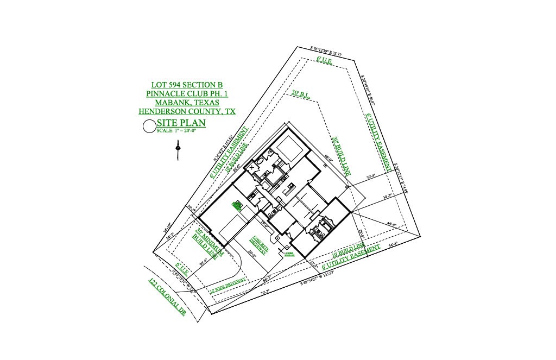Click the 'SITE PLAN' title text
[181, 123]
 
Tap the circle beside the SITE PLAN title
[149, 127]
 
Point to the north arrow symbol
[178, 150]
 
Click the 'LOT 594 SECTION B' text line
[187, 85]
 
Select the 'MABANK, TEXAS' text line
[187, 102]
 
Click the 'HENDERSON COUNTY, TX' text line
[187, 111]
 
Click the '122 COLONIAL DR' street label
[167, 296]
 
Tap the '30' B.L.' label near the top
[300, 94]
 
